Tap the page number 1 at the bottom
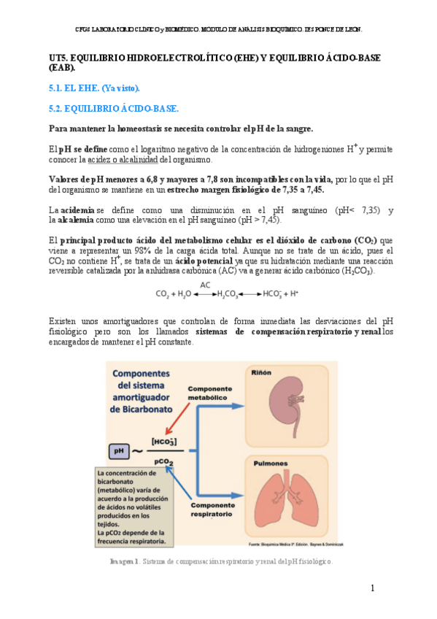point(372,588)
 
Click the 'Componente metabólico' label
point(212,393)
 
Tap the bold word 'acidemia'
point(77,210)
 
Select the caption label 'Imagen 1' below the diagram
point(123,561)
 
